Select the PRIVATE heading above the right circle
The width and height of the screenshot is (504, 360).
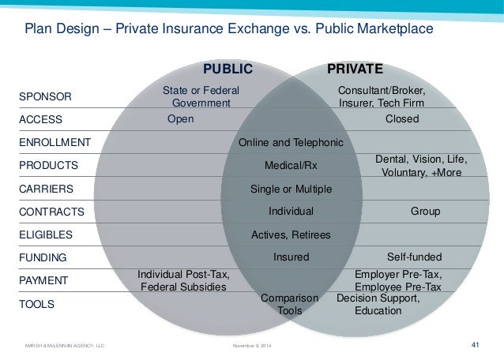tap(355, 68)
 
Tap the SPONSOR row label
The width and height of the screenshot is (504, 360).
tap(44, 97)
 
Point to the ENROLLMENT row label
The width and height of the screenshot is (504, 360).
tap(54, 143)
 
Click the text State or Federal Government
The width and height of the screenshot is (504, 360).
tap(201, 97)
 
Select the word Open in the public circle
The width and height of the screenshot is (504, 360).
tap(180, 119)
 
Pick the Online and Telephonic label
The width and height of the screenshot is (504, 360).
tap(291, 143)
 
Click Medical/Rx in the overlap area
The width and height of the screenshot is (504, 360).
tap(291, 166)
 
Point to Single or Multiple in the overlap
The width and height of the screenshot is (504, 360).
tap(291, 189)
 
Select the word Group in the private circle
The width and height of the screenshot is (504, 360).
tap(425, 212)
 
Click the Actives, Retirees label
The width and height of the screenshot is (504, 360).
tap(291, 234)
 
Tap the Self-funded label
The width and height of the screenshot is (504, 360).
tap(414, 257)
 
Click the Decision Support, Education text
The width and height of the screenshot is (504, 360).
tap(378, 305)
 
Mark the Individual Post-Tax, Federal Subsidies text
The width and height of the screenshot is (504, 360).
tap(183, 280)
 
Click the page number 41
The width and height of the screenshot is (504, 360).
tap(476, 344)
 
